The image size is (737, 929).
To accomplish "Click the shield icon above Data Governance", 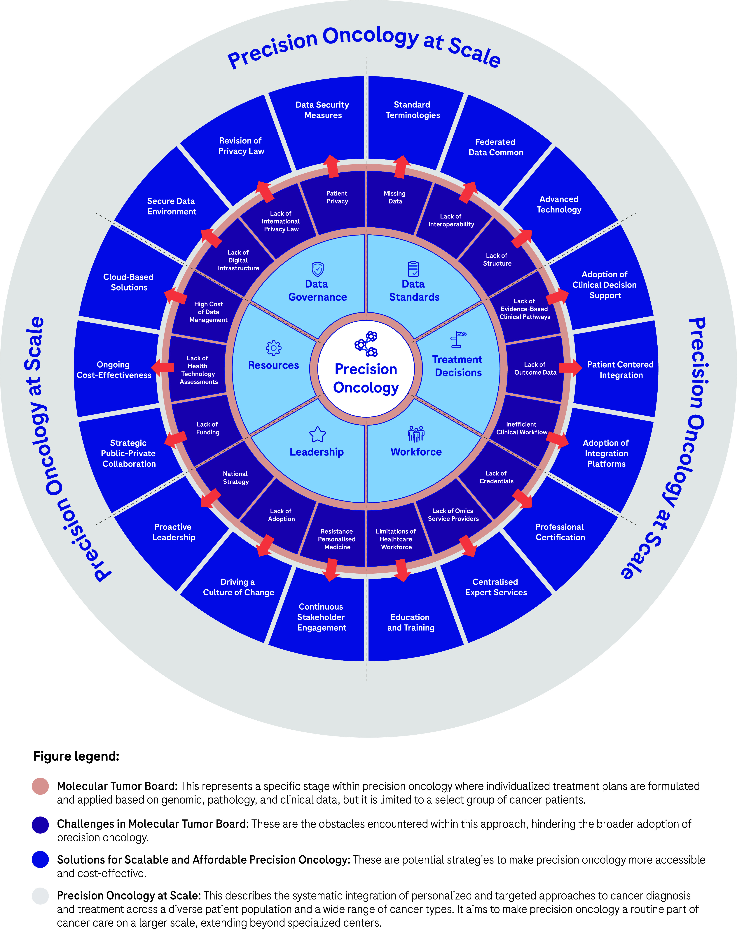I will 317,269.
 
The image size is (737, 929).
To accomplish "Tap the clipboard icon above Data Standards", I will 413,269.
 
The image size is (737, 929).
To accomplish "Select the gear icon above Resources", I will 273,348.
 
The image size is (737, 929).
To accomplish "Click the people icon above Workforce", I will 416,434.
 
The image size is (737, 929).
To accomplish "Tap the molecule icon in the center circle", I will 366,343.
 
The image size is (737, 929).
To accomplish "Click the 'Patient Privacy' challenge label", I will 337,197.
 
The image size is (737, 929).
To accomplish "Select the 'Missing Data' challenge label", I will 395,197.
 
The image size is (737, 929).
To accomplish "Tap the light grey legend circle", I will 40,896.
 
